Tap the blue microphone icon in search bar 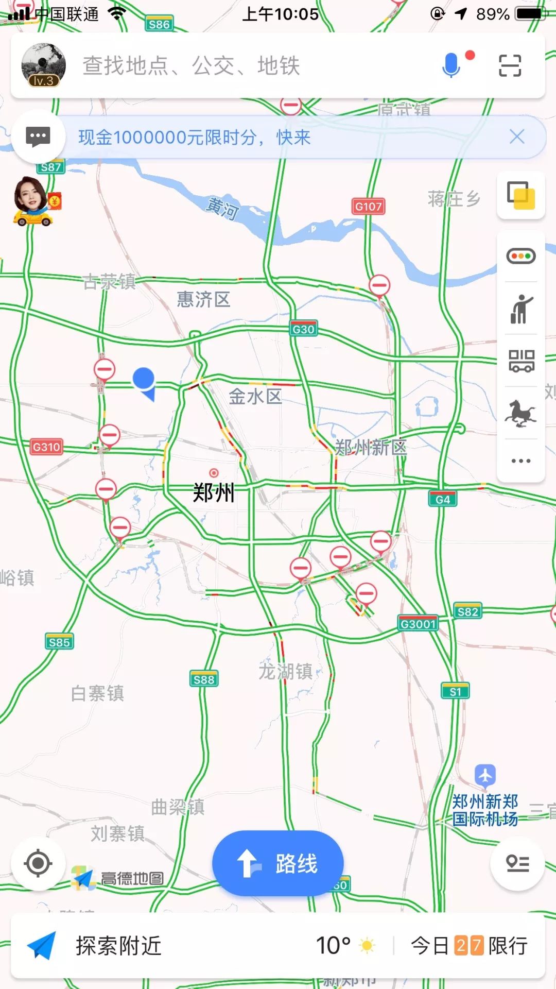(451, 65)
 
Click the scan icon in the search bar (510, 66)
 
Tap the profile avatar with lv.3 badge (43, 65)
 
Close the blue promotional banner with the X (517, 137)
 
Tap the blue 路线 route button (277, 863)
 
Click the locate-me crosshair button (38, 863)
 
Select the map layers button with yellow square (521, 195)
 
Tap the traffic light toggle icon (521, 256)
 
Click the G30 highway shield (303, 329)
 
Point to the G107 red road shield (369, 207)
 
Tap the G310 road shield (46, 447)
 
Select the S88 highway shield (204, 679)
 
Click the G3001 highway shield (418, 624)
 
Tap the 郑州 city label (214, 492)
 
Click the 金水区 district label (255, 397)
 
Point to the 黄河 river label (222, 208)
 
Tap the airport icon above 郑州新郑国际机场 (485, 775)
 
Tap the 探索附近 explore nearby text (119, 946)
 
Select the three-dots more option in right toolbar (521, 461)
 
